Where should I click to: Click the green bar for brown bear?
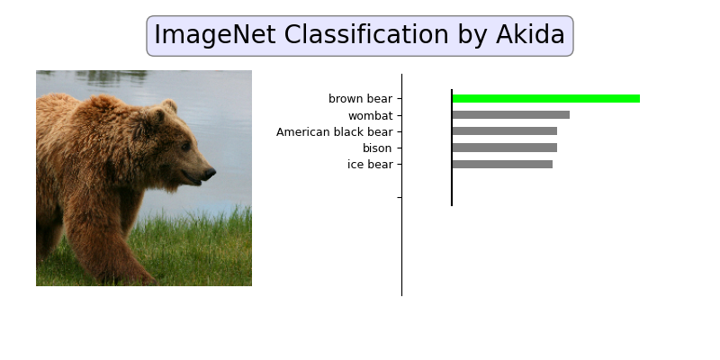point(545,99)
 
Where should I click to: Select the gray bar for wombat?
point(510,115)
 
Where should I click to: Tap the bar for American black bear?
point(504,131)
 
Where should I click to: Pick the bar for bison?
point(504,148)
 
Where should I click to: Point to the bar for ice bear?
point(502,164)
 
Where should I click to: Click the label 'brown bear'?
point(360,99)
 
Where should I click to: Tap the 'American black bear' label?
point(334,132)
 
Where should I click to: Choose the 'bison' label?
point(377,148)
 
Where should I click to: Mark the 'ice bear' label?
point(369,165)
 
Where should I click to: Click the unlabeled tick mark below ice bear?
point(399,197)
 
